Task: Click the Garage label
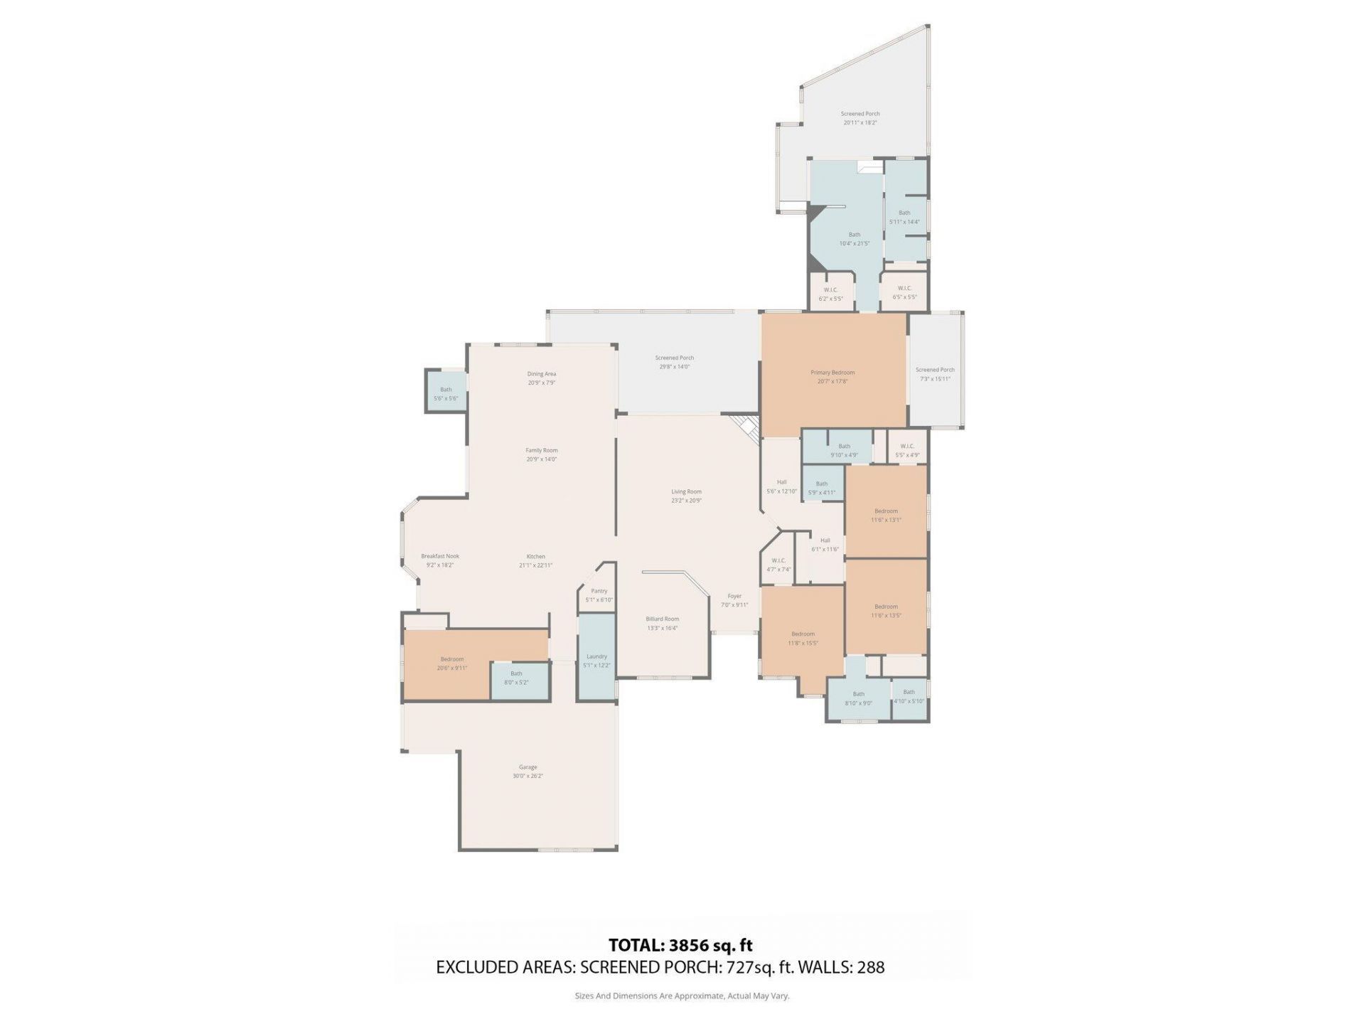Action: [x=528, y=767]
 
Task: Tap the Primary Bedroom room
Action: [x=833, y=376]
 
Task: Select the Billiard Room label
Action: [x=662, y=619]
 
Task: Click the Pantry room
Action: [x=599, y=595]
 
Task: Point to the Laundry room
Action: [x=596, y=661]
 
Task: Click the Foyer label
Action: [x=734, y=596]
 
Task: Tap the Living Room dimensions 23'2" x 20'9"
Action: [x=686, y=501]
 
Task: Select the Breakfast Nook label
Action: [x=440, y=556]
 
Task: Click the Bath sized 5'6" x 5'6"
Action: [x=446, y=393]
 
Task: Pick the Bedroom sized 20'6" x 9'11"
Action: [x=452, y=663]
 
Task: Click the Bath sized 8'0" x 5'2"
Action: [x=517, y=678]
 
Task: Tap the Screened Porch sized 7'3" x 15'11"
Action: [x=935, y=374]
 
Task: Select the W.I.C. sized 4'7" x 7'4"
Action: [x=778, y=565]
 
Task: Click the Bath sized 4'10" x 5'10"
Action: [x=909, y=696]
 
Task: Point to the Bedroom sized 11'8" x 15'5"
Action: [x=803, y=638]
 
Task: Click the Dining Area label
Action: [x=541, y=374]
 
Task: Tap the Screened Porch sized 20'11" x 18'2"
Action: [x=860, y=118]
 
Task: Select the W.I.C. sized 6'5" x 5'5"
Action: [x=904, y=292]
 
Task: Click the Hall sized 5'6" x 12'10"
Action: [x=781, y=486]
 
